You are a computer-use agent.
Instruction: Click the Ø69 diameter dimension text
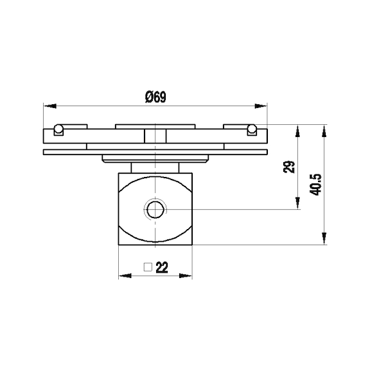(x=156, y=97)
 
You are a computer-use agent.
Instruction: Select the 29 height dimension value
(x=288, y=167)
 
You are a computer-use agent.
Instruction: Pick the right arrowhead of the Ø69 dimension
(x=263, y=104)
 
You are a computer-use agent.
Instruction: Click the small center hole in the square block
(x=155, y=209)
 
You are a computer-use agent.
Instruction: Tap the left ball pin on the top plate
(x=58, y=129)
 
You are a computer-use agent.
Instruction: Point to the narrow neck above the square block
(x=155, y=167)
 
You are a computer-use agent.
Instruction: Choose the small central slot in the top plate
(x=155, y=136)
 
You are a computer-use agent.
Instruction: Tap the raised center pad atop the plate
(x=155, y=125)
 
